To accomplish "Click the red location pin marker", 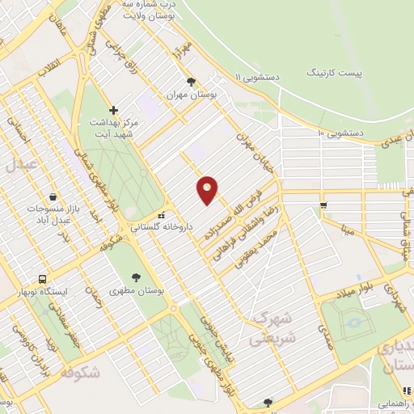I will [x=208, y=190].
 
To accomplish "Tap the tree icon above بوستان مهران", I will [x=191, y=82].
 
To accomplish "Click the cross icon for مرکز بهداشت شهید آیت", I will [x=113, y=110].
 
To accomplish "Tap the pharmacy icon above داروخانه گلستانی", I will [x=163, y=216].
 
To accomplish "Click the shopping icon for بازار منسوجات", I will [x=53, y=196].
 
